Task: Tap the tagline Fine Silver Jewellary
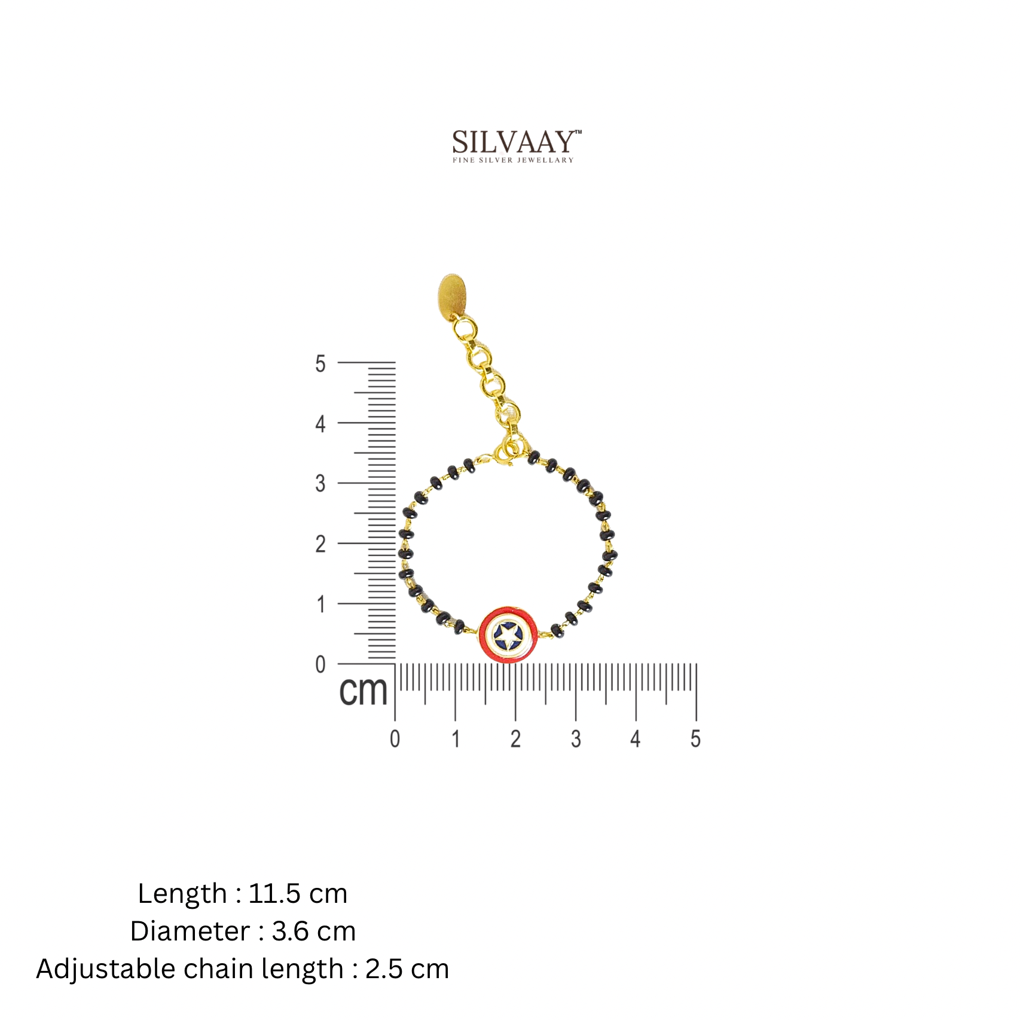pos(513,160)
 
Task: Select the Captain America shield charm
pos(508,635)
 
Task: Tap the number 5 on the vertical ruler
pos(320,364)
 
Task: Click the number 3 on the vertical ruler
pos(320,483)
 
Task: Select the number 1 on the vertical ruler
pos(321,604)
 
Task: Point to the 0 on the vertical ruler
pos(320,664)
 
